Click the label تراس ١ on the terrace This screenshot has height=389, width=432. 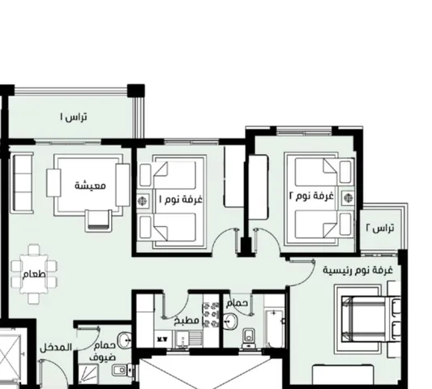(74, 117)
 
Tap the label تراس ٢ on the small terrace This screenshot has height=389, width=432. (380, 228)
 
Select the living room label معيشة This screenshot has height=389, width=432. (90, 185)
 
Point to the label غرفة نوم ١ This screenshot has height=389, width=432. (181, 199)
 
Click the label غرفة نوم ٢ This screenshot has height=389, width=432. (311, 196)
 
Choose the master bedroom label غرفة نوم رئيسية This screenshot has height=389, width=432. (358, 270)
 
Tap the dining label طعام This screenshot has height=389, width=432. (34, 275)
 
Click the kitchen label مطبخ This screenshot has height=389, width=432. (186, 320)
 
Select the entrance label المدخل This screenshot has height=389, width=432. (56, 348)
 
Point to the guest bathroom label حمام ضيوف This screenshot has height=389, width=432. (102, 352)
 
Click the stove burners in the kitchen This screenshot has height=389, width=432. (211, 314)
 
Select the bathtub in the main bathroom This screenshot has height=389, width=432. (274, 329)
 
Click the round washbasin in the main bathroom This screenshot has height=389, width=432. (229, 321)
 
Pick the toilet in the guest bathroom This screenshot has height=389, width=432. (123, 370)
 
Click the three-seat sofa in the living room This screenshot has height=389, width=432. (22, 183)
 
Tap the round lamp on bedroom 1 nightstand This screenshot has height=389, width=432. (142, 201)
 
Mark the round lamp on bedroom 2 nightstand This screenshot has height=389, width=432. (349, 198)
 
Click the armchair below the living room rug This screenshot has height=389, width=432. (98, 221)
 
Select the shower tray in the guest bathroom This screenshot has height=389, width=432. (88, 374)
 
